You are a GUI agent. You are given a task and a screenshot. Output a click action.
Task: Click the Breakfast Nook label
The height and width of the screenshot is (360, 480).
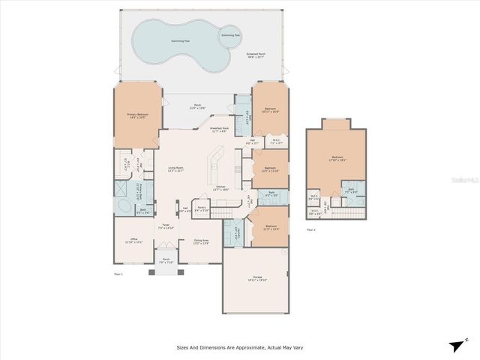[220, 130]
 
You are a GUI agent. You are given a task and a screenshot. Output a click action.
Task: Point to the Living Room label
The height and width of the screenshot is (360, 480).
[176, 169]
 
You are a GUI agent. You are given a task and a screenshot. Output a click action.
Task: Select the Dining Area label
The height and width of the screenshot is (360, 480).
[201, 241]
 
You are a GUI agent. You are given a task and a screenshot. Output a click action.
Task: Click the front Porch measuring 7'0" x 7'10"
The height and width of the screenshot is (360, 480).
[166, 262]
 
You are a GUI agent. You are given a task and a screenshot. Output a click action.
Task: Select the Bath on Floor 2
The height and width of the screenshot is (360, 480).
[350, 191]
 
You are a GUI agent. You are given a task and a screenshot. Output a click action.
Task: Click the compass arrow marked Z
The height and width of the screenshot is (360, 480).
[457, 345]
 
